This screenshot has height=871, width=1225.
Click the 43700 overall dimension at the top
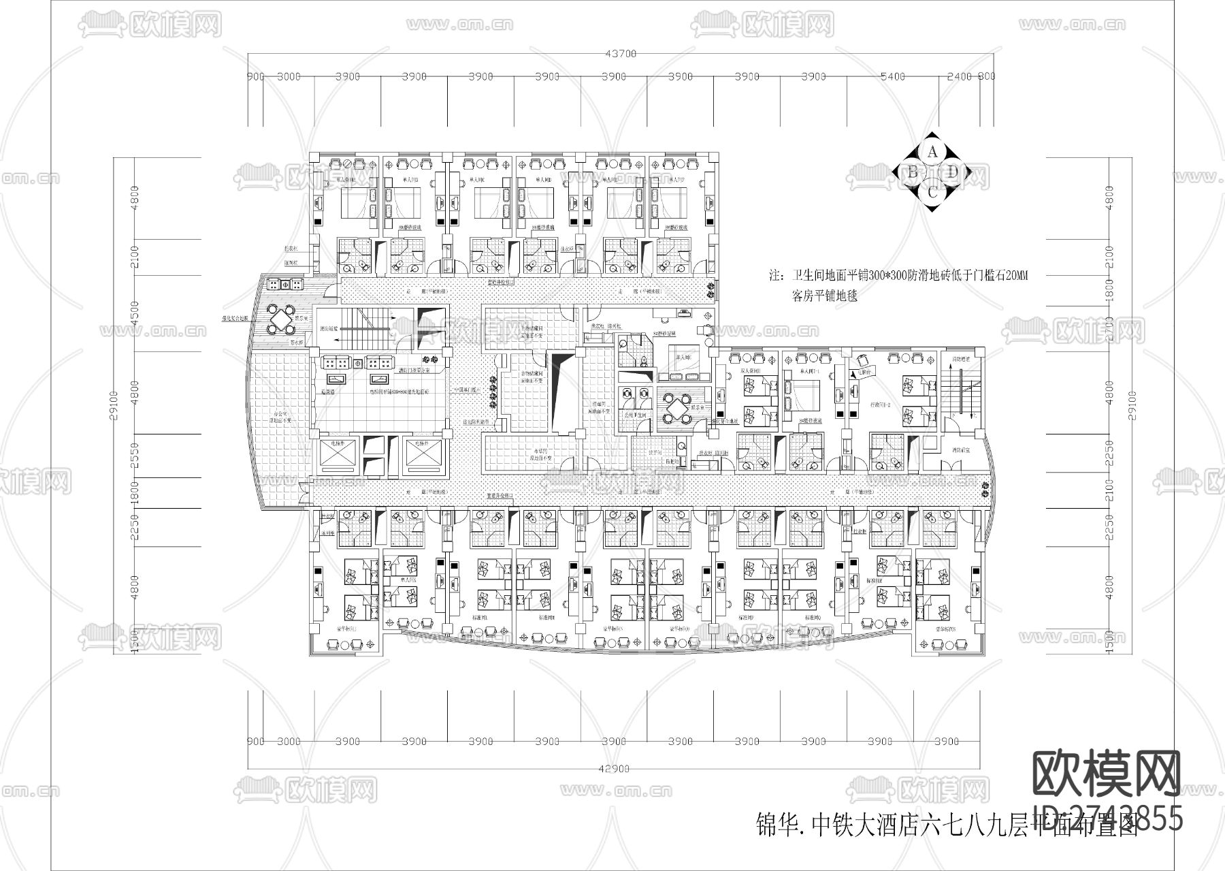(621, 53)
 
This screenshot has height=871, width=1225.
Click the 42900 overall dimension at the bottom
(614, 769)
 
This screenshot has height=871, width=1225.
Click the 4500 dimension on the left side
(135, 313)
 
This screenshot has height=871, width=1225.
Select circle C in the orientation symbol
(933, 193)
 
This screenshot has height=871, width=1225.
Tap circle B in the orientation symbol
(912, 172)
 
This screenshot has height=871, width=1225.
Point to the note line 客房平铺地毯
(825, 296)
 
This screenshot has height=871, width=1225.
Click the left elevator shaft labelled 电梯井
(338, 456)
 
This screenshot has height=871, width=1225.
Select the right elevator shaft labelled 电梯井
(423, 456)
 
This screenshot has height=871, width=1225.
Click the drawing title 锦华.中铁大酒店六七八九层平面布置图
(946, 825)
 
